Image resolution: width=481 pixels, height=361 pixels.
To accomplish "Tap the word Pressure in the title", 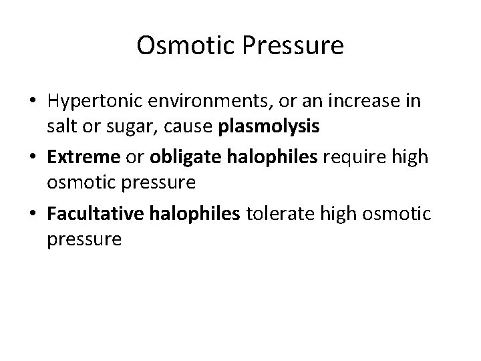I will pos(287,45).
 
